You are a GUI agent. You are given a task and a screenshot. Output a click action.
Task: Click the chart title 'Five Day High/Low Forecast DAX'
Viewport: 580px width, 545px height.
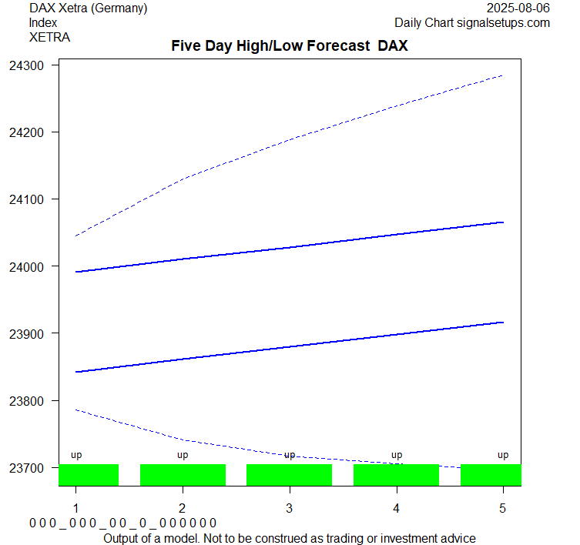(x=289, y=45)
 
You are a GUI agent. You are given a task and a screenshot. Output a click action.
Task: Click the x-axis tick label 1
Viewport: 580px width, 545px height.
(x=75, y=508)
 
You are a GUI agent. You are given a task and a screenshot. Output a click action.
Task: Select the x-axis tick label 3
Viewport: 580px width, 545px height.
(x=289, y=508)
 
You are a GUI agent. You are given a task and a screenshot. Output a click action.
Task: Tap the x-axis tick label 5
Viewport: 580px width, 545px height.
(x=503, y=508)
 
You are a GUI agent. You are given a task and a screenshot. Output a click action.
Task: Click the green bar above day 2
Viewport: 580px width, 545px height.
(x=183, y=475)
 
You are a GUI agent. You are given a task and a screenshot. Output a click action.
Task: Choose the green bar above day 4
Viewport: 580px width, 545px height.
(x=396, y=475)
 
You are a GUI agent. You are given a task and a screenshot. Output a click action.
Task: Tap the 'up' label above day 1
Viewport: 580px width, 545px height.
(x=76, y=455)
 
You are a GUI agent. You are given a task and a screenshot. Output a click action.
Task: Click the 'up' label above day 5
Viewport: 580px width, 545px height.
(x=503, y=455)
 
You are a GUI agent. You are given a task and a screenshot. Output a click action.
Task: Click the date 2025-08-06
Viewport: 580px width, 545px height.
(x=519, y=8)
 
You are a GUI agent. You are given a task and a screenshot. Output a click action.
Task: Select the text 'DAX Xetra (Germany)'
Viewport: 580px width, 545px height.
(x=88, y=8)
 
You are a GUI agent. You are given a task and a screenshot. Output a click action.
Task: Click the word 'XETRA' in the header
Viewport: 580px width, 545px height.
(x=49, y=37)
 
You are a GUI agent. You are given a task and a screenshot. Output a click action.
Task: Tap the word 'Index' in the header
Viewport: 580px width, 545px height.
(x=43, y=23)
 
